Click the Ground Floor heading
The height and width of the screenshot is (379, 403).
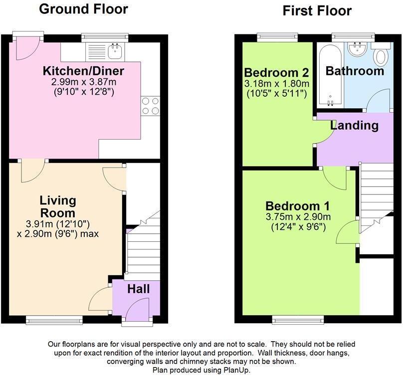(83, 9)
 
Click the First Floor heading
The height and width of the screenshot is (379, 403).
(317, 10)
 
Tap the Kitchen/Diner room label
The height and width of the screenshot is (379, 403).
(83, 70)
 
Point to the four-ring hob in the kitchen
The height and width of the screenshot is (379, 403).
(150, 106)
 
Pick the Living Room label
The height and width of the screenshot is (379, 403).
(58, 206)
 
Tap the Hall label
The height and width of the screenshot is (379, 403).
(138, 289)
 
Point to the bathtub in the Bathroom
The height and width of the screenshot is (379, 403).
(329, 75)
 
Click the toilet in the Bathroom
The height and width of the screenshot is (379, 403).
(382, 55)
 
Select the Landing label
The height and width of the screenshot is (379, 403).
(354, 125)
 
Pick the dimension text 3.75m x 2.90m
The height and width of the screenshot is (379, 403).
(298, 217)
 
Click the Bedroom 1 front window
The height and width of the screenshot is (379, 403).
(298, 320)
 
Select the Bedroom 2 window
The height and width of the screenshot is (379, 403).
(277, 36)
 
